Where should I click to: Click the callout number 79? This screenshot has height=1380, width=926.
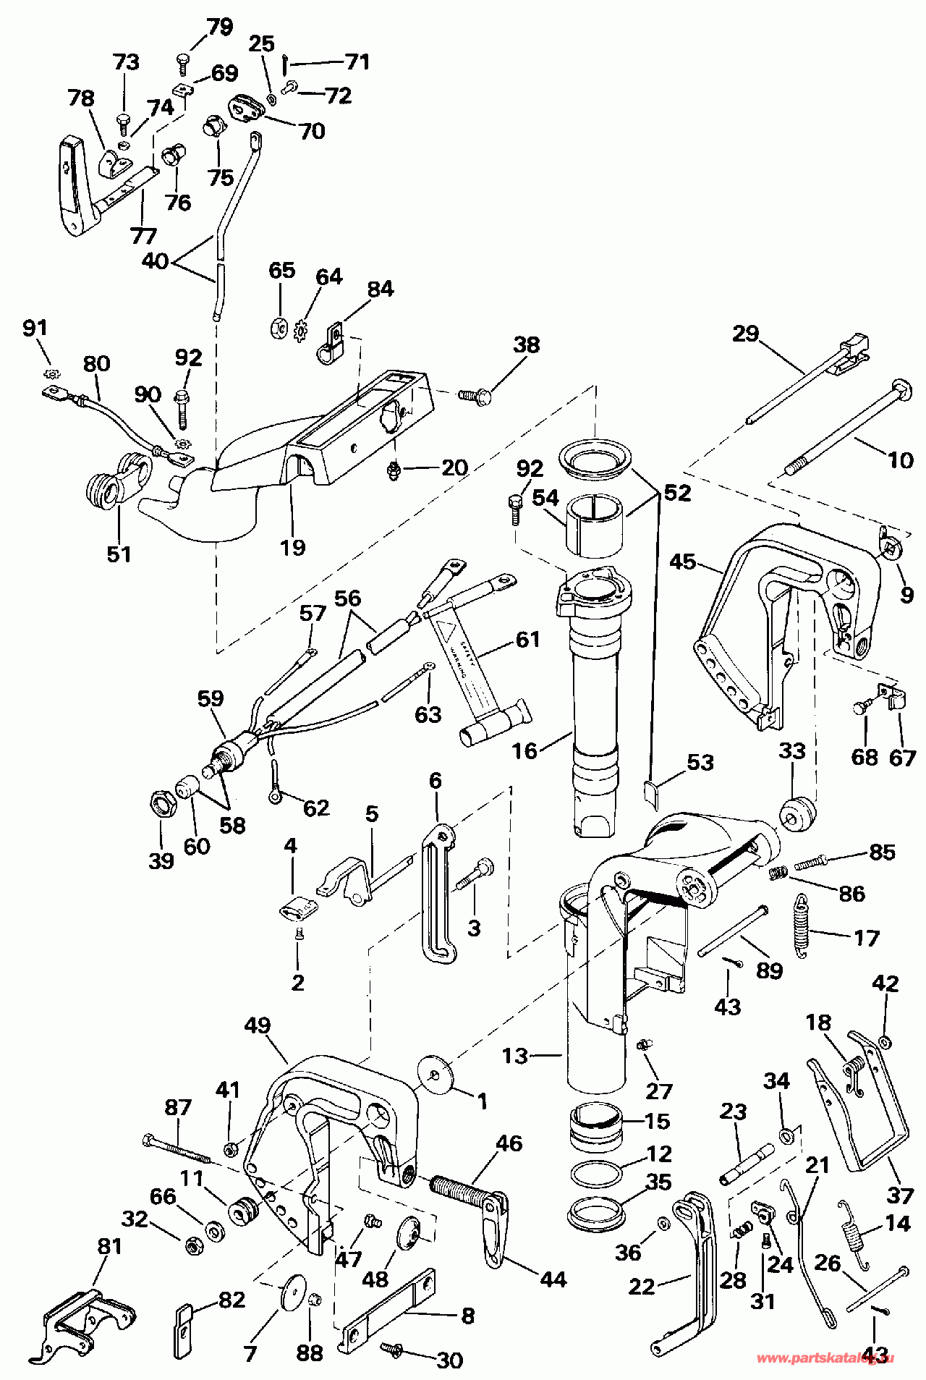click(x=220, y=27)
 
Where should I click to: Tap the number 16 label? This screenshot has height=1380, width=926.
click(x=524, y=750)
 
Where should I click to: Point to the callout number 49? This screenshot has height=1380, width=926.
click(x=258, y=1025)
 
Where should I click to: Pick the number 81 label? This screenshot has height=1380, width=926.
click(x=109, y=1247)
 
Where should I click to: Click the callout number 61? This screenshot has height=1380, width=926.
click(x=528, y=639)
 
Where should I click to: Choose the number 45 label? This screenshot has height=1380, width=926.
click(x=682, y=562)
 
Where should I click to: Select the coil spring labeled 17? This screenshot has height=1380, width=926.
click(x=801, y=926)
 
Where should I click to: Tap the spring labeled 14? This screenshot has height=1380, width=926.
click(x=853, y=1235)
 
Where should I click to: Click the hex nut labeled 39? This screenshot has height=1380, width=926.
click(x=161, y=804)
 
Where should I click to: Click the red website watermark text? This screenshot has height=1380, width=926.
click(x=824, y=1359)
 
